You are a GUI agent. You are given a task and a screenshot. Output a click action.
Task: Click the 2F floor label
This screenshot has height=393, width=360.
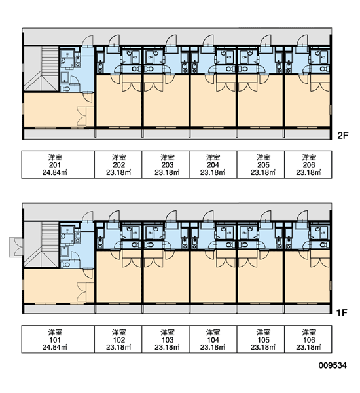343,136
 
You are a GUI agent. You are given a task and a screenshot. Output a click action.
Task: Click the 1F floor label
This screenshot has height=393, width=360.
342,312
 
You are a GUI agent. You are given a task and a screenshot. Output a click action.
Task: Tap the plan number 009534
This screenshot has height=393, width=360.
333,365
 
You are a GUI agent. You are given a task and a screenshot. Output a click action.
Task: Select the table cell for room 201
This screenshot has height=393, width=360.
58,164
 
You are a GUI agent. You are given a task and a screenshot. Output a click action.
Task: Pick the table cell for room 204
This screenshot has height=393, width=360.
213,164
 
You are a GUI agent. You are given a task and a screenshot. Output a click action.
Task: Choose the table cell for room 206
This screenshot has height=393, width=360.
308,164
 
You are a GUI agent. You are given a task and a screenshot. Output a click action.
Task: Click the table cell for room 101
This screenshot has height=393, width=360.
58,339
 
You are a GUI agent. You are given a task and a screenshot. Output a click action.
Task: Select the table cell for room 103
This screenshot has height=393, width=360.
166,339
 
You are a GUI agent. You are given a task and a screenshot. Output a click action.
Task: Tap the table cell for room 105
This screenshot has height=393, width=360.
261,339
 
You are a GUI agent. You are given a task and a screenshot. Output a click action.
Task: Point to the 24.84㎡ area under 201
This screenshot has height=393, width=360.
55,172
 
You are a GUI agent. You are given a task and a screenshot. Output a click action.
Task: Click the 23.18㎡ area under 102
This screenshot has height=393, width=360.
118,347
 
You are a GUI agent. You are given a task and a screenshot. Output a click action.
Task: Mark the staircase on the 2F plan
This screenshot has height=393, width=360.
42,69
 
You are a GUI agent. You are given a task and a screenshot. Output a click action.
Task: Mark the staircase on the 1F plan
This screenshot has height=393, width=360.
42,244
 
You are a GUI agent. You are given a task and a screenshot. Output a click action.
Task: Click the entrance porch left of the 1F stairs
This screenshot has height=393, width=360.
16,247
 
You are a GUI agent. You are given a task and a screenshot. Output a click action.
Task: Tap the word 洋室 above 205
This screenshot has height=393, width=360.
263,157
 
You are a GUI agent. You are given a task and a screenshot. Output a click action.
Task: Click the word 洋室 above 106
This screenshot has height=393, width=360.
309,332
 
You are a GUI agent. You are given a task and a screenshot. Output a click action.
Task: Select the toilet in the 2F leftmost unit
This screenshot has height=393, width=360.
66,88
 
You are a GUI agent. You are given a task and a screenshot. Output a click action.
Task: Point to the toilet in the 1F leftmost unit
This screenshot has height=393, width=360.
66,265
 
